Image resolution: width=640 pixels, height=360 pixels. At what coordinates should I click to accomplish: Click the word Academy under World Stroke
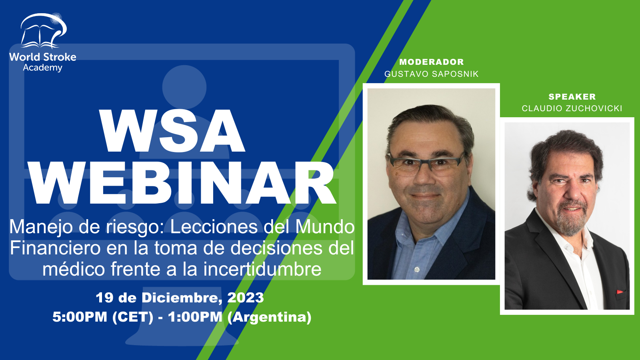click(x=42, y=68)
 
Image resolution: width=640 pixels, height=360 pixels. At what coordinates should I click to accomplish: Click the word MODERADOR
click(x=432, y=62)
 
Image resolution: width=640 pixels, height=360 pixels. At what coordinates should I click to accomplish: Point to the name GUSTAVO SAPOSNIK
click(x=432, y=74)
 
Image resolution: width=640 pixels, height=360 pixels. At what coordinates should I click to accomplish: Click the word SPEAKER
click(x=572, y=97)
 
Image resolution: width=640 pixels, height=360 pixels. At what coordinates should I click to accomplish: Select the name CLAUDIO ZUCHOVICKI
click(x=572, y=108)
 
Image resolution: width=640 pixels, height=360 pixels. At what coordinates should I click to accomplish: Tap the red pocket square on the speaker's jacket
click(x=620, y=292)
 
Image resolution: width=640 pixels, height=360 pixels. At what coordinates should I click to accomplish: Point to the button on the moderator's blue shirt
click(x=417, y=270)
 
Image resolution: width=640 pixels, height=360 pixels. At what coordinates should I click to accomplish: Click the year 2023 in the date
click(x=246, y=298)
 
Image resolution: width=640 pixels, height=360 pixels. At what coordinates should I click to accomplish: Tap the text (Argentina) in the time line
click(x=270, y=317)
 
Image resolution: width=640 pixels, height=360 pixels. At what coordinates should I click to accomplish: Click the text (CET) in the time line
click(x=133, y=317)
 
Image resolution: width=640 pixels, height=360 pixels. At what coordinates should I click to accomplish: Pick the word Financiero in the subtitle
click(x=55, y=248)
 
